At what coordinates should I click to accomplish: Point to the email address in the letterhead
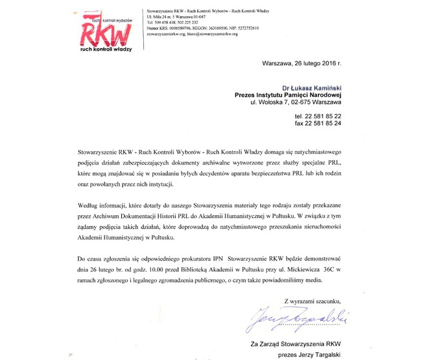pos(210,34)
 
